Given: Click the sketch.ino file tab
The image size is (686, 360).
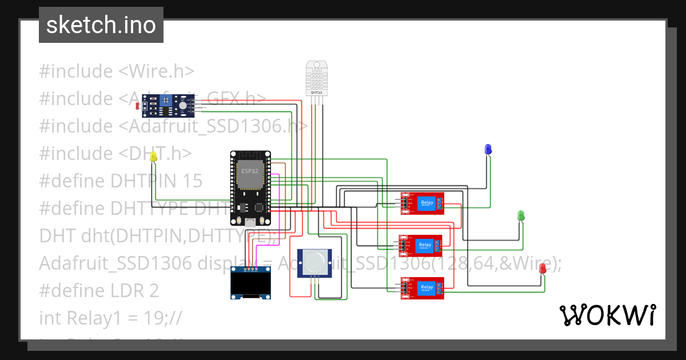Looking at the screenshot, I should tap(101, 25).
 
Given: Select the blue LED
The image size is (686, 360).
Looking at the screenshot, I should tap(488, 149).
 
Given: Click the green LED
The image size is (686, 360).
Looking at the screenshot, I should tap(521, 215).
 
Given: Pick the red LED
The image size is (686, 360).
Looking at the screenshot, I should tap(543, 269).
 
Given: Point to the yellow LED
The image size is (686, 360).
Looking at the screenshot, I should tap(153, 157).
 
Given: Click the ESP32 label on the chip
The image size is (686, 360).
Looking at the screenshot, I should tap(249, 171).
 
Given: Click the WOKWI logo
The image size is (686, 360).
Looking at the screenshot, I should tap(607, 315).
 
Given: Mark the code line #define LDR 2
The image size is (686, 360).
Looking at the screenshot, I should tap(99, 290).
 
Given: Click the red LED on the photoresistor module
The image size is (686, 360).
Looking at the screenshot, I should tap(137, 106).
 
